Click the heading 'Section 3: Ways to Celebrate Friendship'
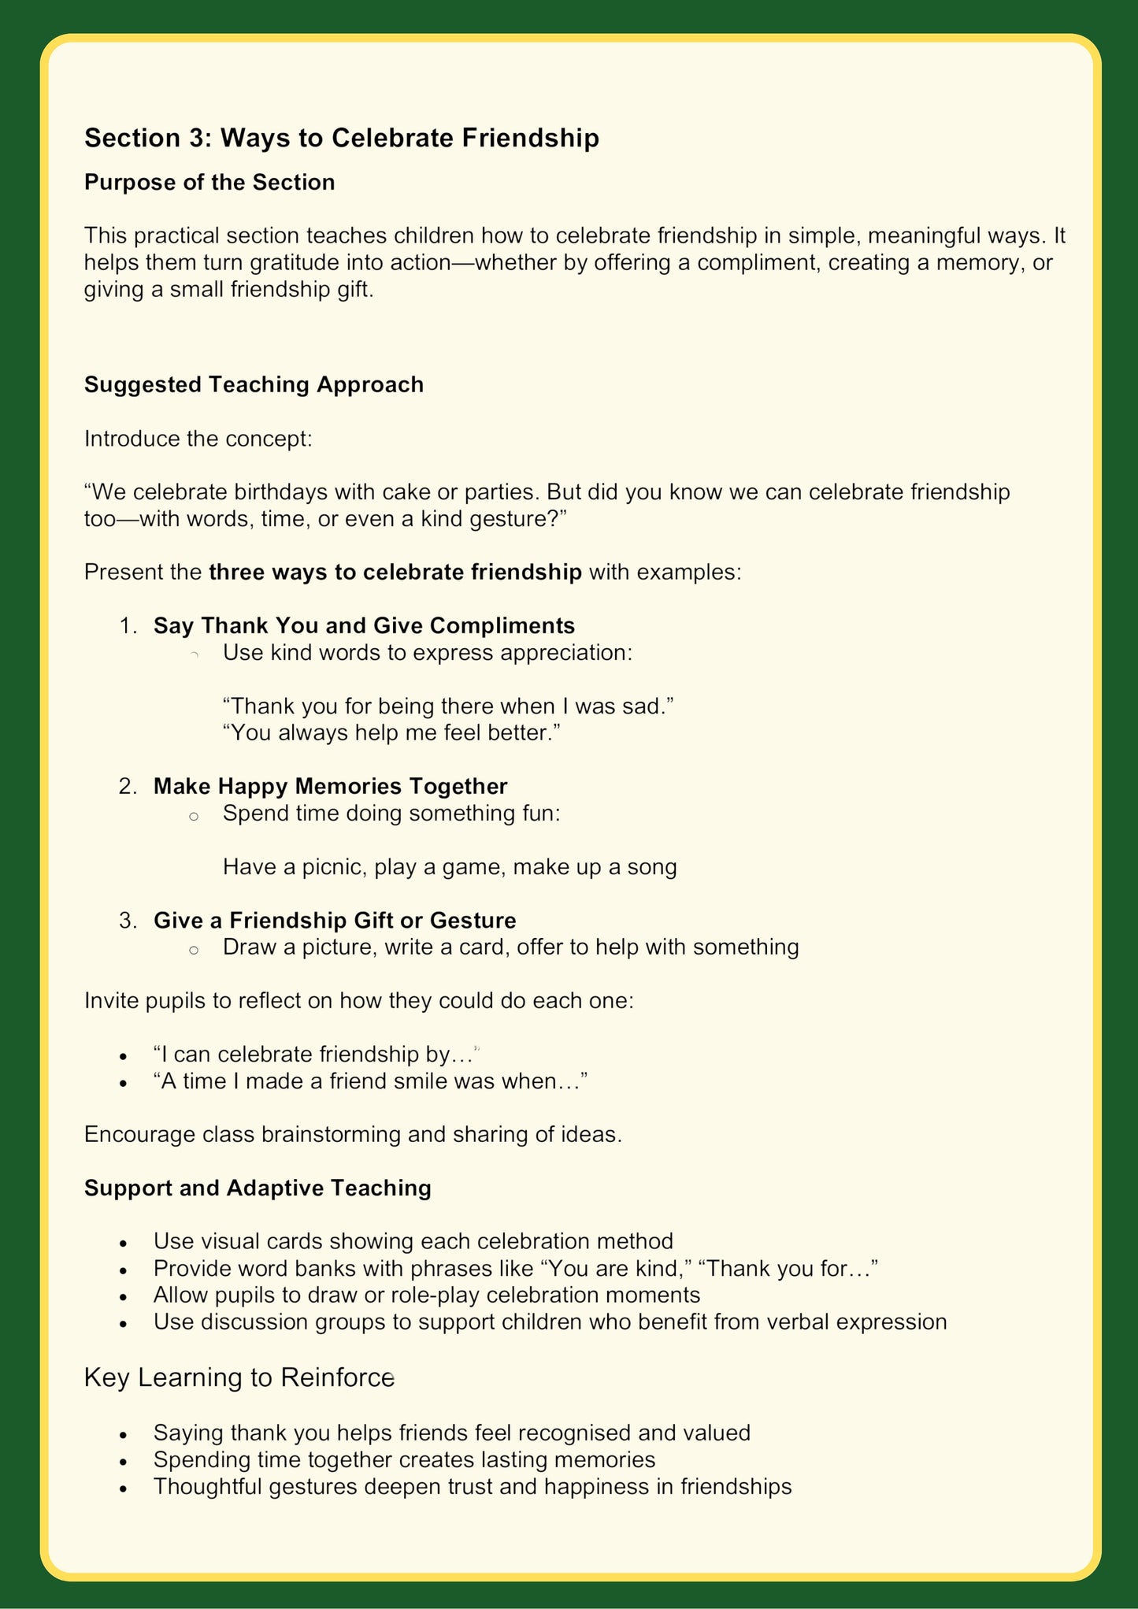tap(341, 138)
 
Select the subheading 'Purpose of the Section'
tap(209, 183)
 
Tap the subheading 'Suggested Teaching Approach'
tap(254, 384)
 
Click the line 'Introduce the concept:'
tap(198, 439)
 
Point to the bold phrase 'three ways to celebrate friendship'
tap(395, 572)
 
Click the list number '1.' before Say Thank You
tap(128, 626)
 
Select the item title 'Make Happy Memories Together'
tap(330, 786)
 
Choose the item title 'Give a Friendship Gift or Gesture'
tap(335, 920)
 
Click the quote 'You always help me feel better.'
tap(391, 732)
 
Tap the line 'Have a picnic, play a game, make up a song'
tap(450, 867)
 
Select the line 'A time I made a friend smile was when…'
tap(370, 1081)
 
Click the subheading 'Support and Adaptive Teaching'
tap(258, 1188)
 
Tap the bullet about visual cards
tap(413, 1241)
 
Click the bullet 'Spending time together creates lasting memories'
tap(404, 1459)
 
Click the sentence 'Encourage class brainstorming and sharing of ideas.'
tap(353, 1135)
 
